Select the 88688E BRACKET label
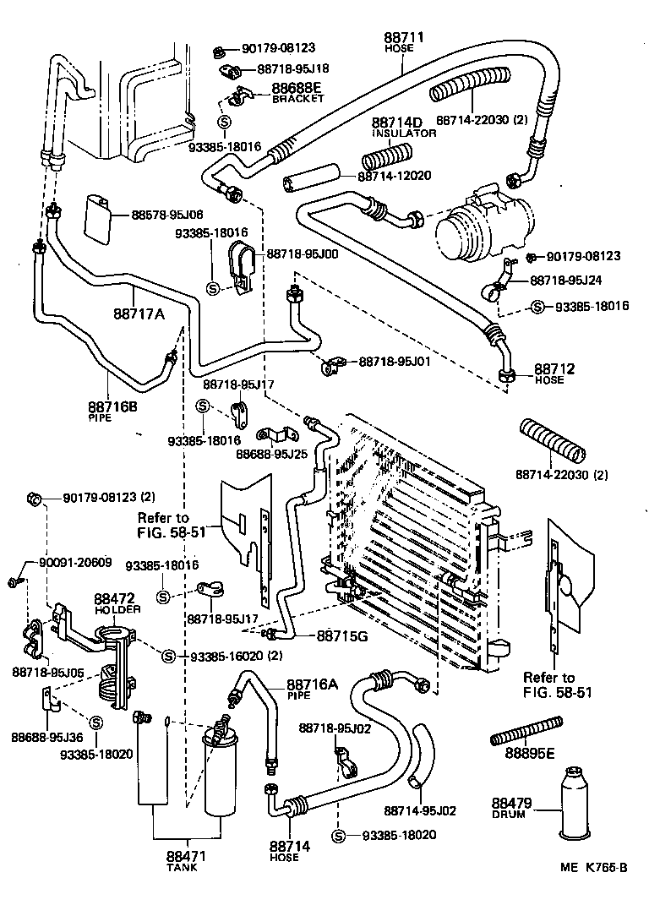297,91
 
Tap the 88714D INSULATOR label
404,126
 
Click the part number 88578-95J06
166,215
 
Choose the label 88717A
139,314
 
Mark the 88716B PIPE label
112,410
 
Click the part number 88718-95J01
395,361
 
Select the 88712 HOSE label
554,373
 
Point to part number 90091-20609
75,563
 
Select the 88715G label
341,635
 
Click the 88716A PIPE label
311,688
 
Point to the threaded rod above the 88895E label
526,730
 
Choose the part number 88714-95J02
419,810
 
